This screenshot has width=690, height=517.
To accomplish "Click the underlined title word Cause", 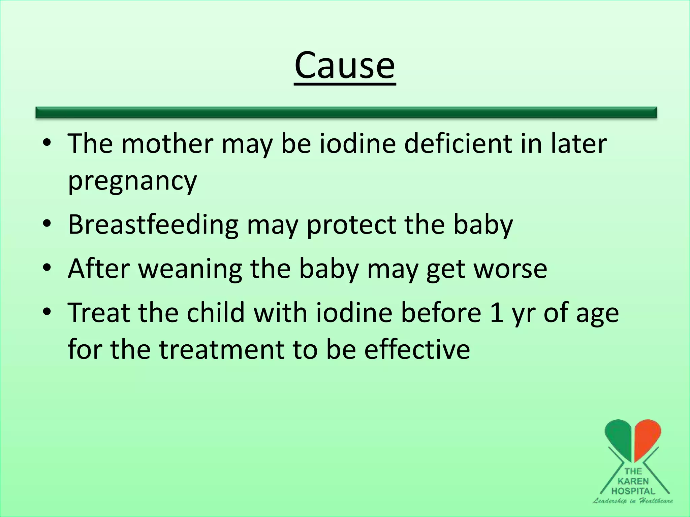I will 344,65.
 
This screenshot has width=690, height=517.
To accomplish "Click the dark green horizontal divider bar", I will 346,112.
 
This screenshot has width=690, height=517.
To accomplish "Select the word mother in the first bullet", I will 167,144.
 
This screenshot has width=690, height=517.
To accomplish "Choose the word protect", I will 351,225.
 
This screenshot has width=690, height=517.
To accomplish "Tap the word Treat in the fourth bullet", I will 99,312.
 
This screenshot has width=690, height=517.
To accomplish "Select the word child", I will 216,312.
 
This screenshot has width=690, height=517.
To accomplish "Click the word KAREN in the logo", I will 633,481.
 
